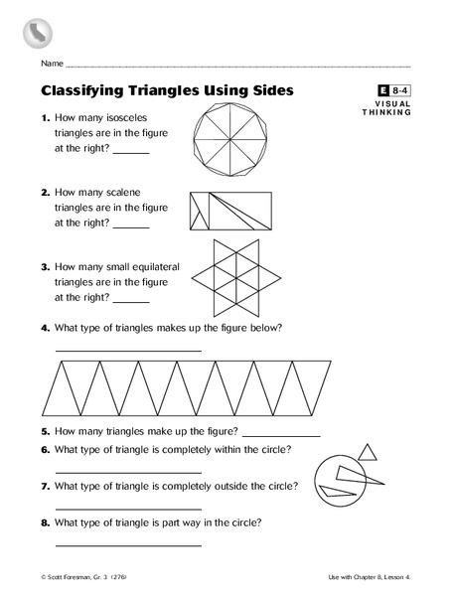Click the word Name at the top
(x=52, y=65)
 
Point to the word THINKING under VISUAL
(x=386, y=112)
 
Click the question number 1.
(x=45, y=118)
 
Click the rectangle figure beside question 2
(x=229, y=211)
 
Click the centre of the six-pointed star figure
(x=225, y=277)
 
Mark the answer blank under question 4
(x=128, y=350)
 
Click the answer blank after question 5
(x=281, y=436)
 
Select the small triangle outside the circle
(x=368, y=454)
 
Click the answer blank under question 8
(x=128, y=545)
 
